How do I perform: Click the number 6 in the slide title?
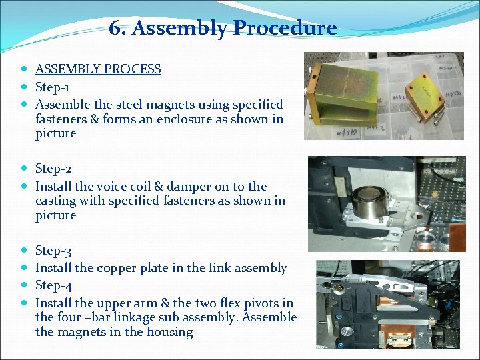115,28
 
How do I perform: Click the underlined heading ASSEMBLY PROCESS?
98,69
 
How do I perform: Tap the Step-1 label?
53,87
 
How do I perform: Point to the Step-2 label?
53,169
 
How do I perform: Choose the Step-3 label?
53,251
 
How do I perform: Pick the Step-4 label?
53,285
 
